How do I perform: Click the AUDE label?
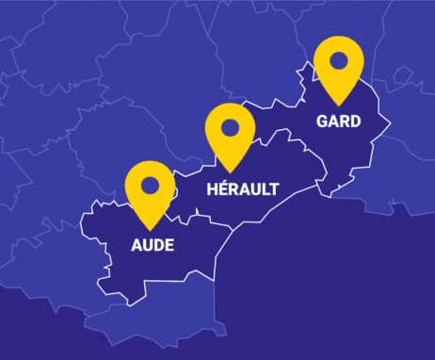pyautogui.click(x=152, y=247)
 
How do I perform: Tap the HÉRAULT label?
pyautogui.click(x=242, y=189)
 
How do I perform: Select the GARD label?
pyautogui.click(x=339, y=122)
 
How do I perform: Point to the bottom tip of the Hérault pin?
pyautogui.click(x=232, y=172)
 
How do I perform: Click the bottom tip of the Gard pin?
pyautogui.click(x=339, y=105)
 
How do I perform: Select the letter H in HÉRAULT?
pyautogui.click(x=211, y=189)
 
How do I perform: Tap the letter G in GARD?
pyautogui.click(x=323, y=122)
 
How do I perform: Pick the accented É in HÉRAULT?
pyautogui.click(x=223, y=188)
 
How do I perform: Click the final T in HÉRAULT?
pyautogui.click(x=273, y=189)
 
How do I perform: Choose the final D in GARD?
pyautogui.click(x=355, y=122)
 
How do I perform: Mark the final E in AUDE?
pyautogui.click(x=169, y=247)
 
